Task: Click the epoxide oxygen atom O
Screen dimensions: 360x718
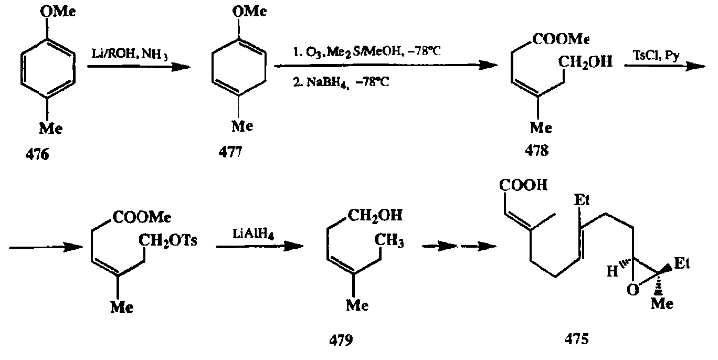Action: click(634, 290)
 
